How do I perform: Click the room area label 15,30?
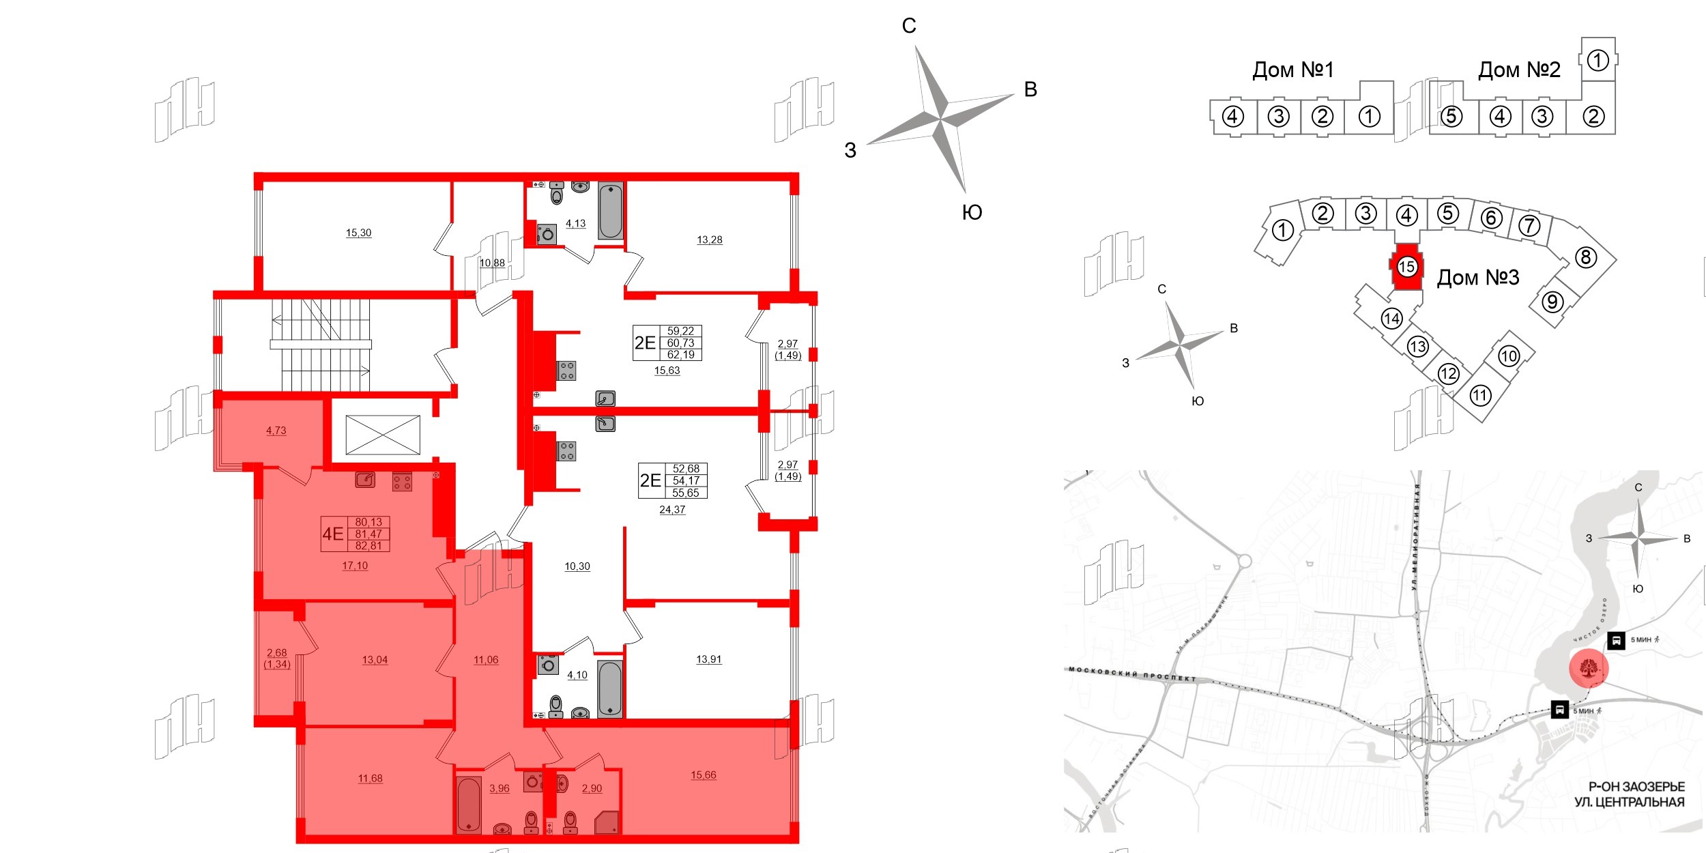tap(358, 233)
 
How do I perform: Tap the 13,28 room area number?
tap(709, 240)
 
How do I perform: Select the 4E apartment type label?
tap(333, 534)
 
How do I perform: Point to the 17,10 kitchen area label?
tap(355, 566)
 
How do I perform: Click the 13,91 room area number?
tap(708, 659)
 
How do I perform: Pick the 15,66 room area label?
tap(703, 775)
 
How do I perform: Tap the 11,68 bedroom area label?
tap(370, 778)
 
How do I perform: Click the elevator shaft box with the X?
tap(383, 435)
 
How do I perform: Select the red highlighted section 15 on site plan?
tap(1406, 267)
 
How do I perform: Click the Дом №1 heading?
tap(1292, 70)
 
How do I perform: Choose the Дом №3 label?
tap(1477, 278)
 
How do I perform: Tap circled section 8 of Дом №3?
tap(1585, 257)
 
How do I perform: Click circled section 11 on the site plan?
tap(1479, 395)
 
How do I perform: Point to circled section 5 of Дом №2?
tap(1451, 117)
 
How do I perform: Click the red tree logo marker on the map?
tap(1589, 669)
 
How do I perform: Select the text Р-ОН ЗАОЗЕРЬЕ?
tap(1636, 787)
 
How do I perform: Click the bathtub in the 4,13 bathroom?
tap(611, 210)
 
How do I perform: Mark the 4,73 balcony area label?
tap(276, 431)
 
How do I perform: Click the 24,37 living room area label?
tap(671, 510)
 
